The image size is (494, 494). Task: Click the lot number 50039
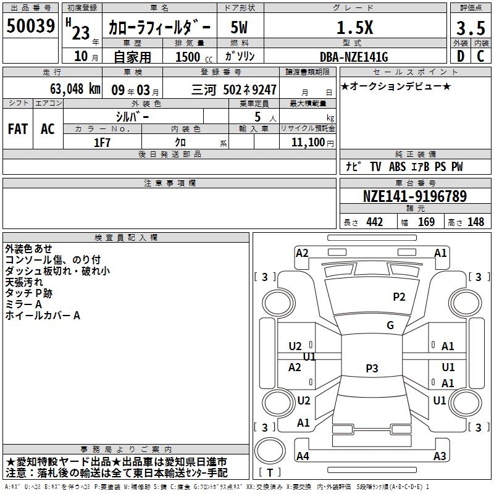pos(30,27)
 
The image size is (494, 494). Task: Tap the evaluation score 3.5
pos(470,28)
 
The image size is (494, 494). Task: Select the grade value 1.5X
pos(354,28)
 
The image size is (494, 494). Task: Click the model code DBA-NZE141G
pos(354,57)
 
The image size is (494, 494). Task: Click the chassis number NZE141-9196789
pos(414,196)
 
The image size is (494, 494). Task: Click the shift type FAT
pos(17,128)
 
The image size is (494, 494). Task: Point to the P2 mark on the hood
pos(399,297)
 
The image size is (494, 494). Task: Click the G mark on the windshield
pos(390,325)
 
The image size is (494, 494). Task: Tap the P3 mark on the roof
pos(371,369)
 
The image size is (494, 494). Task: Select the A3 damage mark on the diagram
pos(439,456)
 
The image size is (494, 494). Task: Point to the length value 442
pos(374,222)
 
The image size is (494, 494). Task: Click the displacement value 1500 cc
pos(192,57)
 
